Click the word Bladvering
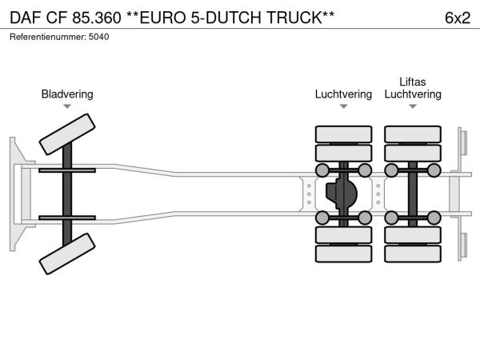(67, 94)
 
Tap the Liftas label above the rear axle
(413, 82)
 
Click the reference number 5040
(99, 37)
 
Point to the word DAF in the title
(25, 18)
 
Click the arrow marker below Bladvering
(67, 106)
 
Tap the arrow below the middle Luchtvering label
(343, 106)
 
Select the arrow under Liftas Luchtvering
(413, 106)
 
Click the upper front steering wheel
(68, 134)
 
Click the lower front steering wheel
(68, 258)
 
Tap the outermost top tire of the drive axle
(343, 134)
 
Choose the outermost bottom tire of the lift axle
(413, 254)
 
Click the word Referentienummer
(44, 37)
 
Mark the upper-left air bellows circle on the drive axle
(322, 170)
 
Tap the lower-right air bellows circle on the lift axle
(434, 218)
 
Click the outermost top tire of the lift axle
(413, 134)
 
